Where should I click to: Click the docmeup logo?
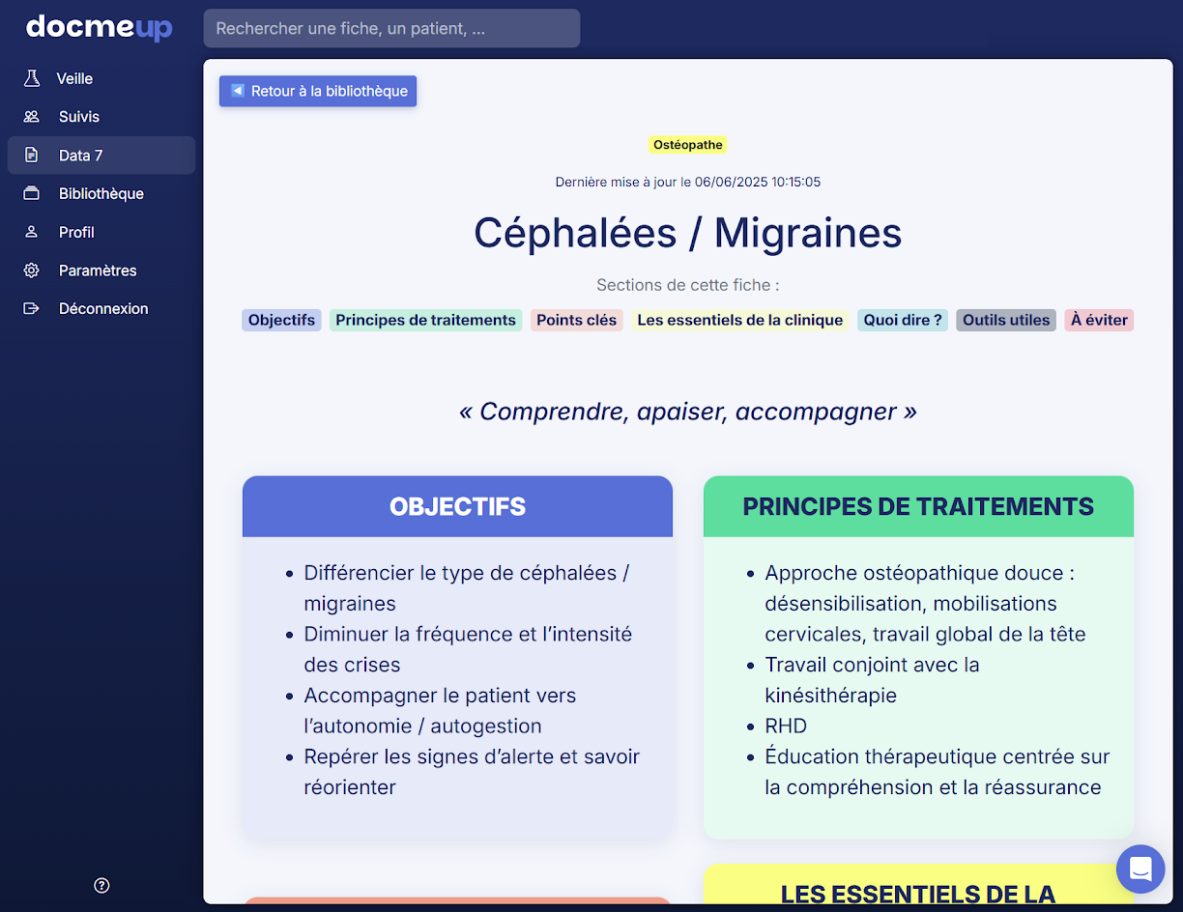[100, 27]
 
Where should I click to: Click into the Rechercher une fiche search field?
[391, 28]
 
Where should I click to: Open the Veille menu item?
[74, 78]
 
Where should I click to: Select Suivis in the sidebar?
[79, 117]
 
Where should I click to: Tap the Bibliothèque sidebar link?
[101, 194]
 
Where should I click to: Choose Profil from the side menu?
[76, 233]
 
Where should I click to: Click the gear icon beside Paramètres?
[32, 271]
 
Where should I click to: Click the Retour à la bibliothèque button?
[318, 91]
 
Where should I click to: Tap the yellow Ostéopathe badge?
[687, 145]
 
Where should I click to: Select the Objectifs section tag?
[281, 320]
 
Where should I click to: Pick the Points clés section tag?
[577, 320]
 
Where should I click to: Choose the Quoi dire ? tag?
[903, 320]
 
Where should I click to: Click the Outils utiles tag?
[1006, 320]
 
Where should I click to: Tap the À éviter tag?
[1099, 320]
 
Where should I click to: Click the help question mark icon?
[101, 885]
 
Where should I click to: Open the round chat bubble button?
[1140, 869]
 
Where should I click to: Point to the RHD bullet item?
[786, 726]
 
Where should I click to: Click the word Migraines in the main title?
[808, 233]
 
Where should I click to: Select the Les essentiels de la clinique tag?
[739, 320]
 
